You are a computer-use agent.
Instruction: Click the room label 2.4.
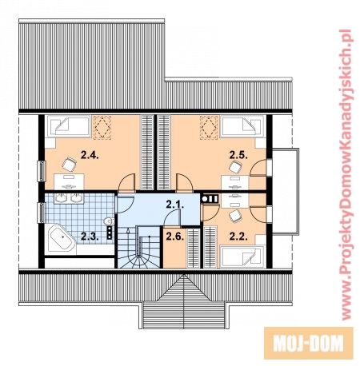click(x=90, y=155)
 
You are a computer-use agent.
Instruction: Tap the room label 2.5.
click(x=238, y=155)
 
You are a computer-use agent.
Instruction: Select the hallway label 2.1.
click(x=175, y=205)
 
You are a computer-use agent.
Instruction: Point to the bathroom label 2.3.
click(x=90, y=237)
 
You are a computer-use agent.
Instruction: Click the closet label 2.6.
click(x=175, y=237)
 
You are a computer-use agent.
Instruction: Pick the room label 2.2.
click(x=238, y=237)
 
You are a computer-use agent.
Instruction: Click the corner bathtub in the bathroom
click(x=61, y=238)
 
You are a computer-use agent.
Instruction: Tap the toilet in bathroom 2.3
click(x=109, y=221)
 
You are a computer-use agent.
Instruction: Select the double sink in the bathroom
click(x=69, y=198)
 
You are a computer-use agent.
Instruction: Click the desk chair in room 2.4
click(x=70, y=164)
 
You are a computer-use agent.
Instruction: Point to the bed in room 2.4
click(x=68, y=126)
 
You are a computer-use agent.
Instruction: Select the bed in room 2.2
click(x=242, y=257)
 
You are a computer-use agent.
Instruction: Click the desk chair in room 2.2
click(x=236, y=216)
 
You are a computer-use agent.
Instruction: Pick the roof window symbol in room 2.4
click(x=102, y=127)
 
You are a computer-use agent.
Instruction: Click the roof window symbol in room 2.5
click(x=209, y=127)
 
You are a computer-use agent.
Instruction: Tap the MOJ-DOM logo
click(x=309, y=344)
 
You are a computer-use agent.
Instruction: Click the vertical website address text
click(x=346, y=174)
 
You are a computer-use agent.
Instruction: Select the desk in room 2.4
click(x=69, y=182)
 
